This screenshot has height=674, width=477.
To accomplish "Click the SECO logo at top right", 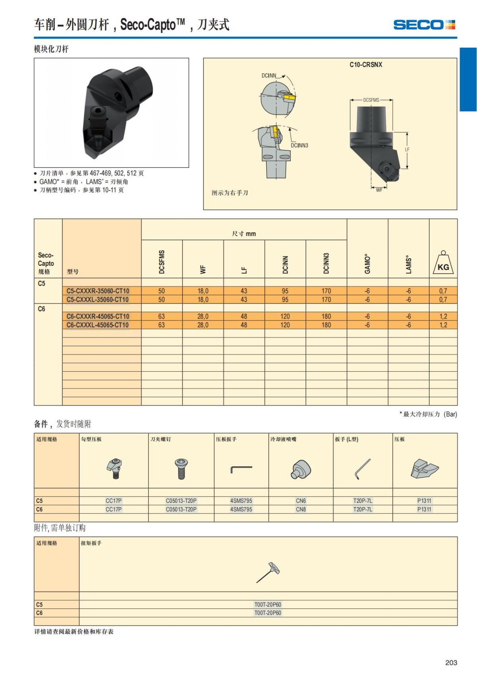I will point(424,25).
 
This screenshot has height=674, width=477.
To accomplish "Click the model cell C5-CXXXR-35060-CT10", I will point(98,291).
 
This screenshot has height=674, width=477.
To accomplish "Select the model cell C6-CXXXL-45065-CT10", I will point(98,325).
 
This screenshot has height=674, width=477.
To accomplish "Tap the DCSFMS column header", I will point(162,262).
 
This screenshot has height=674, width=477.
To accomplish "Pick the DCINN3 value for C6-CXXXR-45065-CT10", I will point(326,317).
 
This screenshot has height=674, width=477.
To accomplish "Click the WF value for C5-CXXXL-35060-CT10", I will point(203,299).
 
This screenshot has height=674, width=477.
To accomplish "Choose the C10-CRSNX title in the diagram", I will point(366,65).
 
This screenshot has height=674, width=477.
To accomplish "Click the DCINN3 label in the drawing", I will point(299,145).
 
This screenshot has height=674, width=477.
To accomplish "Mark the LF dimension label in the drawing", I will point(407,150).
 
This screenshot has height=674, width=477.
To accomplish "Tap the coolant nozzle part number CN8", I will point(301,509).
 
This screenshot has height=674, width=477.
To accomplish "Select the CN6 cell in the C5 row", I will point(301,501).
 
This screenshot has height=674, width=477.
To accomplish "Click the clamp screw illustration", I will point(181,468).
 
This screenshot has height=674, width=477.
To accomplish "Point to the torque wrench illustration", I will point(268,572).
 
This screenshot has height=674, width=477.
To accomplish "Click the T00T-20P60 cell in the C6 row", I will point(268,613).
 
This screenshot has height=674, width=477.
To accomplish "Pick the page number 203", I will point(451,662).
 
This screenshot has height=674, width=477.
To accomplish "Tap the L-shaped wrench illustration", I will point(362,469).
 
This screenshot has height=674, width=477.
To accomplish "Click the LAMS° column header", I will point(409,264).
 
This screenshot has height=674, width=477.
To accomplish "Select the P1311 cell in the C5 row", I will point(424,501).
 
